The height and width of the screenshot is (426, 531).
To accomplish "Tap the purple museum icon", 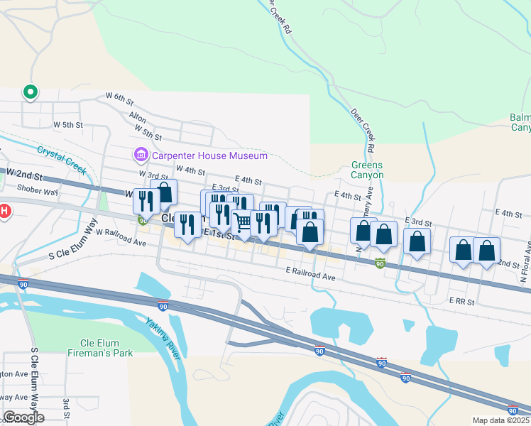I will pos(140,155).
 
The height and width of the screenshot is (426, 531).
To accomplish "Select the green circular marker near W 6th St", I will pos(31,92).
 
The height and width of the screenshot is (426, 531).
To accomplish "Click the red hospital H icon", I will pos(4,211).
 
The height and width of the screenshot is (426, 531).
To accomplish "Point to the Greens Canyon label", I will pos(368,170).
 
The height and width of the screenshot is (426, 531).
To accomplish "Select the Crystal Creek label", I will pos(61,160).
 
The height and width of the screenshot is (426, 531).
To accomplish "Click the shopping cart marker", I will pos(243,222).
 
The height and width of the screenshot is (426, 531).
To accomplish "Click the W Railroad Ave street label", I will pos(121,238).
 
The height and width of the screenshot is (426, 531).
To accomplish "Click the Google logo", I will pos(24,417).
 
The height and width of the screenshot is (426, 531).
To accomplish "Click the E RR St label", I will pos(461,301).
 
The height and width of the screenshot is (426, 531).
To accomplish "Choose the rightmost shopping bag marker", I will pos(487,251).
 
